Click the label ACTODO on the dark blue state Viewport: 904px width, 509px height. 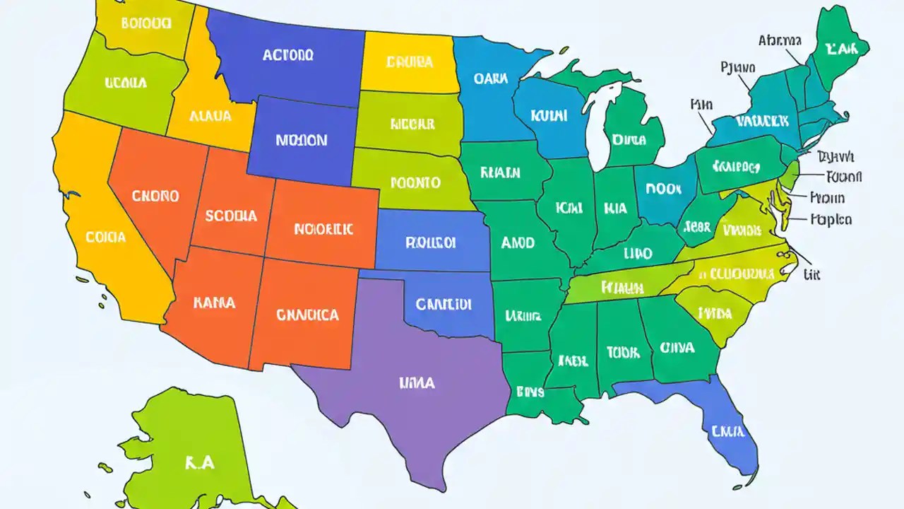pyautogui.click(x=287, y=55)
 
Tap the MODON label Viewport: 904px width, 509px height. pyautogui.click(x=302, y=140)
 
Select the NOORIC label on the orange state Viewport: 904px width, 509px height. pyautogui.click(x=323, y=229)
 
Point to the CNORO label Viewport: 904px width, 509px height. pyautogui.click(x=155, y=196)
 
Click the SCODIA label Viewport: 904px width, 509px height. pyautogui.click(x=231, y=216)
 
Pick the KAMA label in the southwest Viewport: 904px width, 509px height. pyautogui.click(x=213, y=303)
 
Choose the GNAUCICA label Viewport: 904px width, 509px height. pyautogui.click(x=307, y=315)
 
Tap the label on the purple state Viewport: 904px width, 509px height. pyautogui.click(x=417, y=383)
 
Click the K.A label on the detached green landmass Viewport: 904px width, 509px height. pyautogui.click(x=199, y=463)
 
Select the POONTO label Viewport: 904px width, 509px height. pyautogui.click(x=415, y=182)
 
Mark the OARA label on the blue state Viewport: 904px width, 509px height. pyautogui.click(x=491, y=79)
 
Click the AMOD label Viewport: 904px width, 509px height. pyautogui.click(x=518, y=242)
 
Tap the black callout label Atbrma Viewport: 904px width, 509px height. pyautogui.click(x=780, y=40)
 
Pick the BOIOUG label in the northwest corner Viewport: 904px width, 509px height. pyautogui.click(x=146, y=23)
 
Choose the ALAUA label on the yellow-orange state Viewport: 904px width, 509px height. pyautogui.click(x=210, y=116)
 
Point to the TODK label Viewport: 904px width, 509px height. pyautogui.click(x=622, y=351)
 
